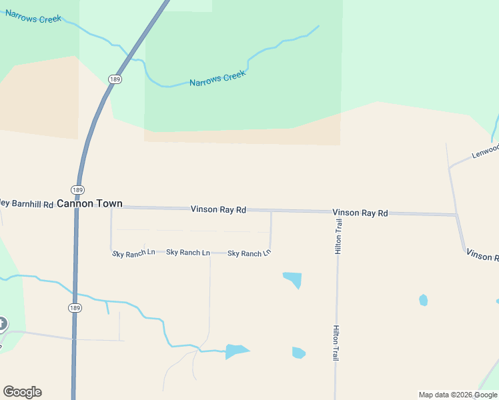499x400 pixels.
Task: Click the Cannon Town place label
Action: pos(89,203)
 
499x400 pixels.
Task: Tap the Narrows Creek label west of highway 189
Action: pos(33,16)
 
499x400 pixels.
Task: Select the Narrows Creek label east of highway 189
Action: pos(217,78)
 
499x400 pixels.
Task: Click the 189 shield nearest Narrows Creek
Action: pos(114,79)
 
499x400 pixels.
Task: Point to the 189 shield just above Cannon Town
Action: pos(78,189)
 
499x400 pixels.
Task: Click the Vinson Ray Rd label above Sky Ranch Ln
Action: pos(218,209)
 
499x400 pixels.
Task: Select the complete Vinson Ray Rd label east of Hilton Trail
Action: pos(360,213)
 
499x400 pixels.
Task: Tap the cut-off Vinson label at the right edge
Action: pos(482,255)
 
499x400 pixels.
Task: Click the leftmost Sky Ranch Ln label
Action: pos(133,253)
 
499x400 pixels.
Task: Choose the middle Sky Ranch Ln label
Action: pos(187,253)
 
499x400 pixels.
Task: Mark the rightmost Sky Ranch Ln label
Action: pos(249,253)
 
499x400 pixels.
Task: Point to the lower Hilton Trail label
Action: pos(336,343)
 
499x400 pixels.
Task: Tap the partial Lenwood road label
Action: pos(485,151)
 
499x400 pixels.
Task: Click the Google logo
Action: pos(22,392)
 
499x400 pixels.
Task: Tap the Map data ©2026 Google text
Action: pos(458,395)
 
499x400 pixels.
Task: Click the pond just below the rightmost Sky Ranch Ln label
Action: pos(293,279)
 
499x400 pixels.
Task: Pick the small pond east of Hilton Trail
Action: pos(423,300)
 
